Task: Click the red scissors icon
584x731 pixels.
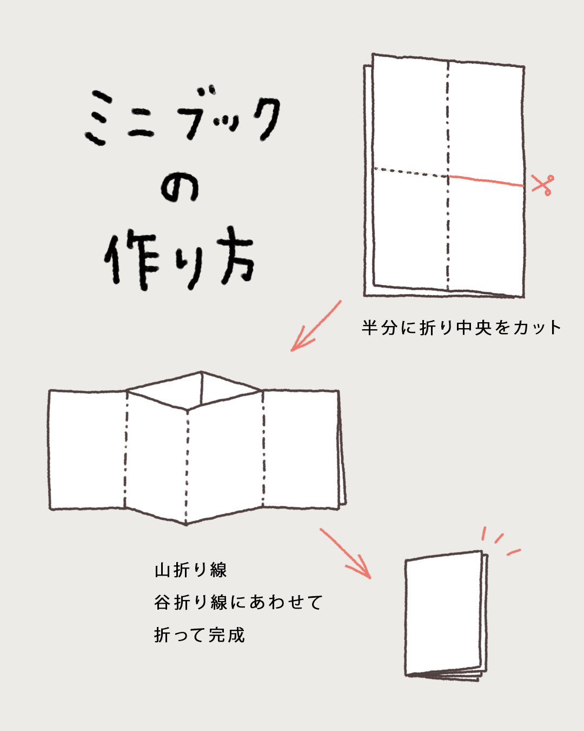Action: (x=542, y=184)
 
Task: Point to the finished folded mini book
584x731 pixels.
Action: (x=444, y=616)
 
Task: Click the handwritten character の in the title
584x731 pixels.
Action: (x=180, y=187)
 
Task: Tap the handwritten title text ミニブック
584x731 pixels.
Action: (x=183, y=118)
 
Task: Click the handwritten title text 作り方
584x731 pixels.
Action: (x=180, y=258)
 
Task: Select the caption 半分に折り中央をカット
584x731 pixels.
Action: (x=461, y=328)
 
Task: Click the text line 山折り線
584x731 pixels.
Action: (x=190, y=570)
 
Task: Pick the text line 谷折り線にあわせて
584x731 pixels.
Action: (x=238, y=602)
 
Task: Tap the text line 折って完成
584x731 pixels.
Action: (x=199, y=635)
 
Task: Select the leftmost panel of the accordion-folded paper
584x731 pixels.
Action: (x=88, y=449)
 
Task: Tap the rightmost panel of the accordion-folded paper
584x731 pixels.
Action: (x=301, y=449)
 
